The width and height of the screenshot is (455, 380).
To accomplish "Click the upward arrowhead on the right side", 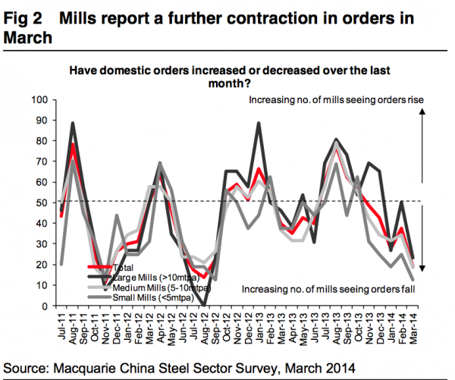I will click(x=422, y=111).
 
